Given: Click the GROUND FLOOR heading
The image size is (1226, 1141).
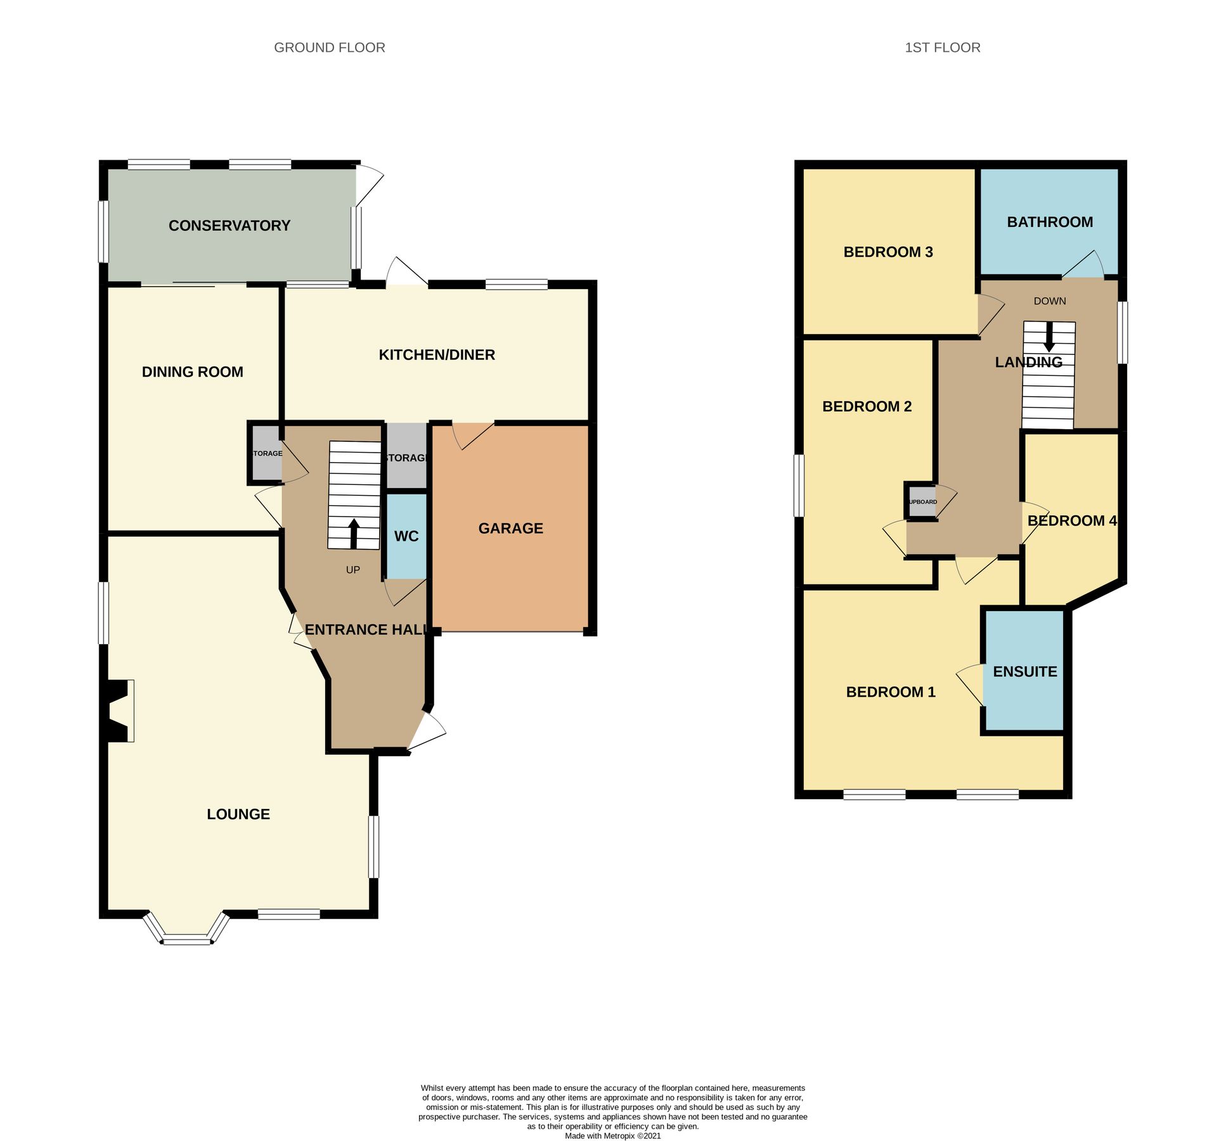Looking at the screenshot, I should point(329,48).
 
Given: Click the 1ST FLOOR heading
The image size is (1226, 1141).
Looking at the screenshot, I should point(942,48).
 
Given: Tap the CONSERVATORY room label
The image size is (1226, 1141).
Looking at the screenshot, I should point(229,226).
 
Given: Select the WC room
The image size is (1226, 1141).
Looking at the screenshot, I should point(406,536).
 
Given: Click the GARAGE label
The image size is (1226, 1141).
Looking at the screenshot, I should point(510,528).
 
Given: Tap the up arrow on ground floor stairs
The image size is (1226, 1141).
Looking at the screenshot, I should point(354,533).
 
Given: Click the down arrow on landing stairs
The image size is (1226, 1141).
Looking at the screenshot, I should point(1049,337).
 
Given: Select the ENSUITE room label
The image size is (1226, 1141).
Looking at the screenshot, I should point(1024,671).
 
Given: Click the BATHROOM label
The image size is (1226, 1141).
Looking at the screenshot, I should point(1049,222).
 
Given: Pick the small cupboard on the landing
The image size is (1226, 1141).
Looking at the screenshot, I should point(922,501).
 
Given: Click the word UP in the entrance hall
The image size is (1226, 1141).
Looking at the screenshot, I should point(353,570).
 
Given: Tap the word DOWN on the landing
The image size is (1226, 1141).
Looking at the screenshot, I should point(1049,301).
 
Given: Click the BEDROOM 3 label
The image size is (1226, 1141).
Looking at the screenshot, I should point(887,252).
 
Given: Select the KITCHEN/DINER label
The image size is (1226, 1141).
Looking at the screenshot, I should point(437,355).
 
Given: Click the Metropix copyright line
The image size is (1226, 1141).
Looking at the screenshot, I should point(612,1136).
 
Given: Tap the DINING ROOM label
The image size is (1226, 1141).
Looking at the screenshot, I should point(192,372).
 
